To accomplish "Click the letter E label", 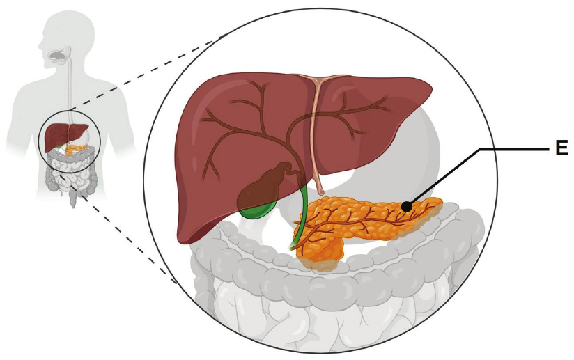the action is pyautogui.click(x=561, y=148).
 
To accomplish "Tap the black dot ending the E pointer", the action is pyautogui.click(x=405, y=207).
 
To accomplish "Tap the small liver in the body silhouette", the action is pyautogui.click(x=65, y=136).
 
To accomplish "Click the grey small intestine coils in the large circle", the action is pyautogui.click(x=329, y=315).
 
